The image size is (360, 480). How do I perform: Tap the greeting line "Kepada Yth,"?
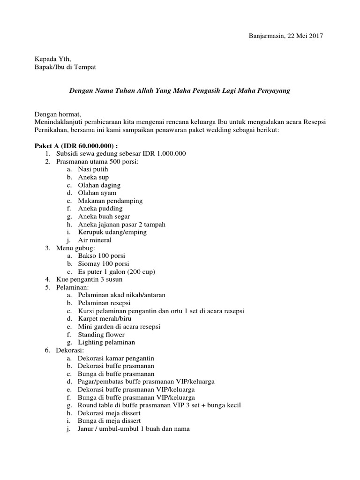click(53, 60)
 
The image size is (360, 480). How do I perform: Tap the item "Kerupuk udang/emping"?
click(112, 232)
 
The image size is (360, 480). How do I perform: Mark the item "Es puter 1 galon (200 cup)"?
click(116, 272)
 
